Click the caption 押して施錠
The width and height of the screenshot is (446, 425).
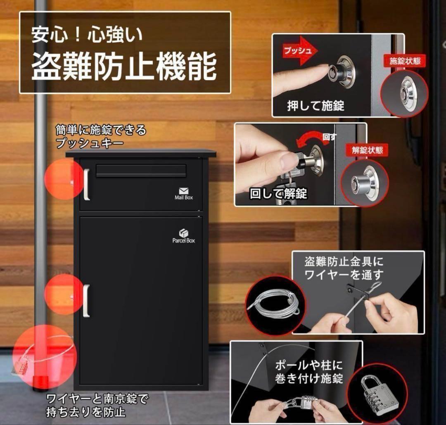[x=316, y=106]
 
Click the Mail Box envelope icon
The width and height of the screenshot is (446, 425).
[x=184, y=191]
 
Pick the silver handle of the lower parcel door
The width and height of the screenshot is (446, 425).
[x=86, y=301]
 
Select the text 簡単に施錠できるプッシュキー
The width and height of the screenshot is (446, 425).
[x=101, y=137]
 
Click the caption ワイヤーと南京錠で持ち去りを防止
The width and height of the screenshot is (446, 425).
[x=97, y=405]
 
